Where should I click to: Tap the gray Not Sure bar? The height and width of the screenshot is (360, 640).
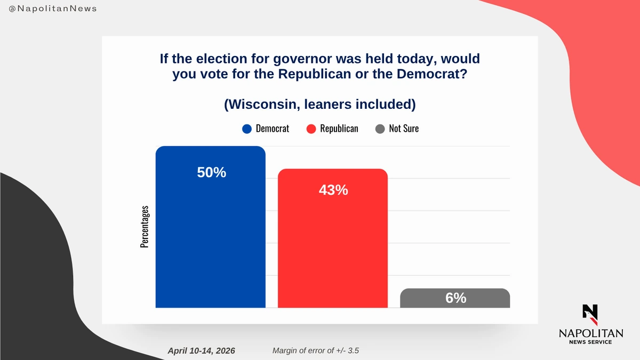(455, 298)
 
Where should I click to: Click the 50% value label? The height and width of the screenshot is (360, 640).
(212, 173)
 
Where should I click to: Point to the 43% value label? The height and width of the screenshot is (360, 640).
(333, 189)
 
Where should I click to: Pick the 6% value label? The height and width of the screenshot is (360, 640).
(456, 298)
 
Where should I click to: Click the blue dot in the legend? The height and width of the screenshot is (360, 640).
(246, 129)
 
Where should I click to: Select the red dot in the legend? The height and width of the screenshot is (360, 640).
(311, 129)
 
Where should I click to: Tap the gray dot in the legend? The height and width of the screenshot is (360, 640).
(380, 129)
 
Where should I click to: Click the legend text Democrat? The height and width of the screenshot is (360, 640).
(273, 129)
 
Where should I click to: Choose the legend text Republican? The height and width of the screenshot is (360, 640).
(339, 129)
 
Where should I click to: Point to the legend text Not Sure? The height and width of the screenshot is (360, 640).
(404, 129)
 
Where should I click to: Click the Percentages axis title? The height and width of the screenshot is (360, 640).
(145, 227)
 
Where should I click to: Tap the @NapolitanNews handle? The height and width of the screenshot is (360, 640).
(53, 9)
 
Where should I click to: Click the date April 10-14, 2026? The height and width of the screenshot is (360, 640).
(201, 350)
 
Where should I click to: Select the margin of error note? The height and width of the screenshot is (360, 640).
(319, 350)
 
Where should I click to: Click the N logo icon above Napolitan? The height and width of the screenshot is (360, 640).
(590, 314)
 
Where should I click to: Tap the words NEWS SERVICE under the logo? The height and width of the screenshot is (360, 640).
(590, 342)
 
